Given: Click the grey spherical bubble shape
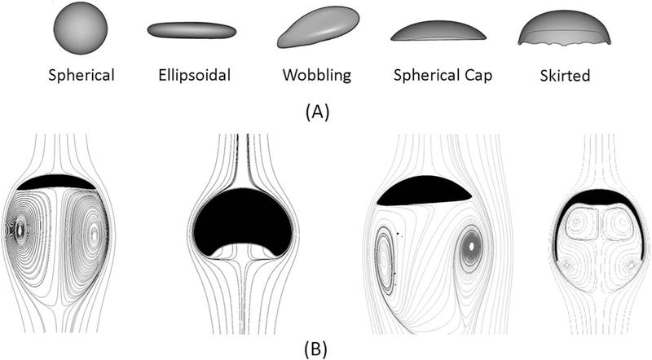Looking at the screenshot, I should [80, 28].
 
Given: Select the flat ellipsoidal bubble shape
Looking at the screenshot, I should [191, 30].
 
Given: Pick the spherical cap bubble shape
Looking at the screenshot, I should [439, 32].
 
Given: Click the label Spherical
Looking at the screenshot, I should [81, 77].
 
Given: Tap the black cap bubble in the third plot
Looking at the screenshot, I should [424, 191].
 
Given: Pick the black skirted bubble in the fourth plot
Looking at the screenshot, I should [599, 196].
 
